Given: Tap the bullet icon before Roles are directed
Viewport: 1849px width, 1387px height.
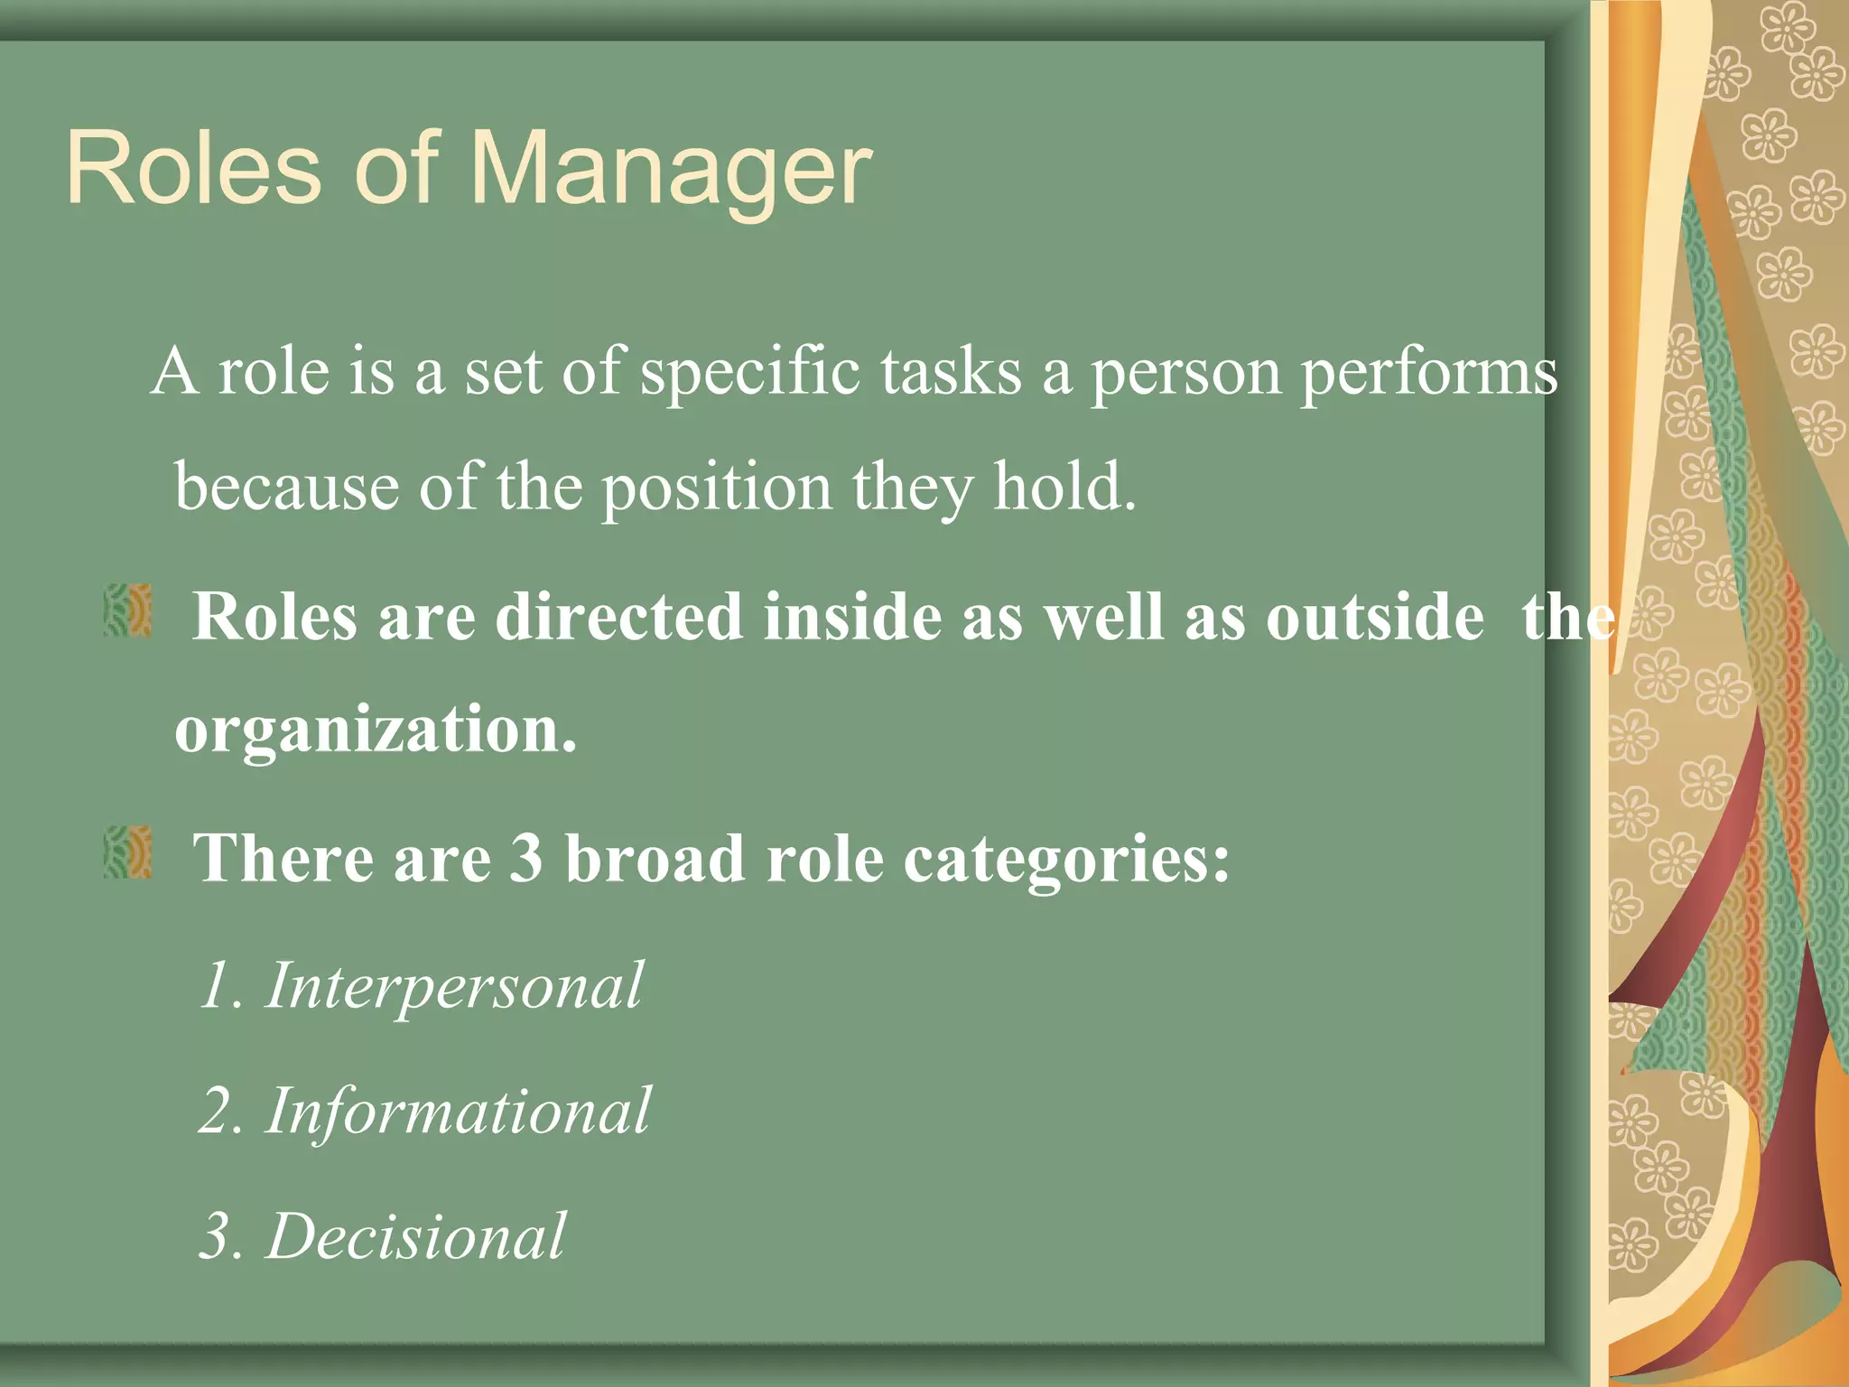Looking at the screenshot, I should pos(127,610).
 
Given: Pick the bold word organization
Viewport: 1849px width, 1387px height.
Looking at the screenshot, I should pos(375,730).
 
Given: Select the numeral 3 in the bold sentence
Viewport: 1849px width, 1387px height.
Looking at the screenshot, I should pos(526,857).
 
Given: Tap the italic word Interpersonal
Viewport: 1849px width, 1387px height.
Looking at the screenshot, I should pos(454,985).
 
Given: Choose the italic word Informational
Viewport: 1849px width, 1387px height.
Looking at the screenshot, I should pos(458,1111).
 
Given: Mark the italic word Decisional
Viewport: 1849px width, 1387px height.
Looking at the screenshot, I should pos(416,1235).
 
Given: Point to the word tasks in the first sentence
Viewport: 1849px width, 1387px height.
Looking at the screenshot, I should pos(951,372).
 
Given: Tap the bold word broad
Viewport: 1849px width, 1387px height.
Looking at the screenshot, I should pos(655,857).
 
